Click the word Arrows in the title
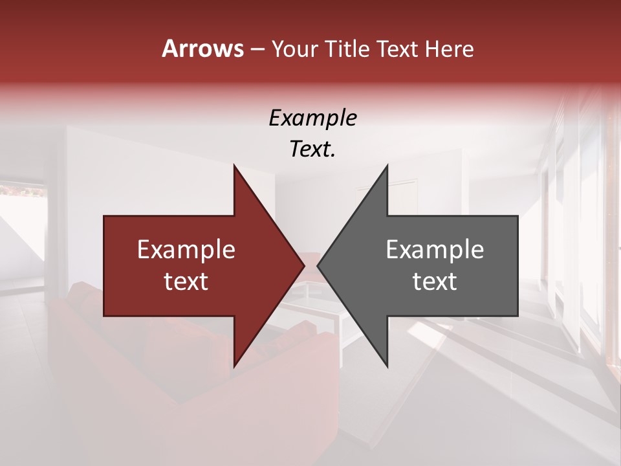point(202,49)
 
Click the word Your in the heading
point(295,49)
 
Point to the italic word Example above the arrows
point(312,118)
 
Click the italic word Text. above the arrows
point(312,149)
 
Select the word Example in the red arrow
point(186,249)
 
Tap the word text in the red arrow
point(186,281)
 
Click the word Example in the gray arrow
point(435,249)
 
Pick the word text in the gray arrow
point(435,281)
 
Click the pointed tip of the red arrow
point(303,265)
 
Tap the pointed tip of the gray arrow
point(318,265)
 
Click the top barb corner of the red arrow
point(234,166)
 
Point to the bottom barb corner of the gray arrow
point(387,366)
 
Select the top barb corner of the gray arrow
point(387,166)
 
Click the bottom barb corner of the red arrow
point(234,366)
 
